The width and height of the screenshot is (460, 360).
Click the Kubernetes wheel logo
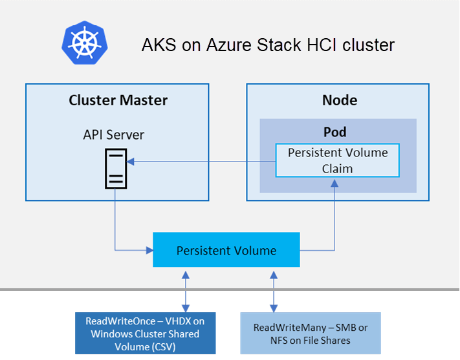tap(85, 43)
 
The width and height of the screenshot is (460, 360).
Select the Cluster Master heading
tap(118, 100)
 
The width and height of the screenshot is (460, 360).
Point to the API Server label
tap(113, 135)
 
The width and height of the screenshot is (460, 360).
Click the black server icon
tap(116, 169)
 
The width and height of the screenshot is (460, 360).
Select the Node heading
tap(340, 100)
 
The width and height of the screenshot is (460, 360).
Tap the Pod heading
tap(334, 132)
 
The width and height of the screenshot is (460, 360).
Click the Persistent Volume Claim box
tap(337, 160)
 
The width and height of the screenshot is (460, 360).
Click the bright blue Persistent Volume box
tap(226, 249)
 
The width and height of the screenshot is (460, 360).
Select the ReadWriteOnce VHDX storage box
tap(145, 334)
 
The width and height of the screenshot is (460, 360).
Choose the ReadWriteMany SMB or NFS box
tap(311, 334)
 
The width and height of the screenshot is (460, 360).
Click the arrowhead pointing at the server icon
tap(131, 162)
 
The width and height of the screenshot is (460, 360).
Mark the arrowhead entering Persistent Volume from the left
tap(149, 250)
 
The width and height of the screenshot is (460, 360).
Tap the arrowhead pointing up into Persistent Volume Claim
tap(334, 183)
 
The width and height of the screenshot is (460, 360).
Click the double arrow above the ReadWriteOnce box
tap(186, 291)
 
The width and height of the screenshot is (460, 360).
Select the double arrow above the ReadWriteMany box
tap(274, 291)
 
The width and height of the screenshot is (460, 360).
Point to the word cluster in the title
tap(369, 45)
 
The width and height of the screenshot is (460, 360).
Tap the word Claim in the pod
tap(337, 169)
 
